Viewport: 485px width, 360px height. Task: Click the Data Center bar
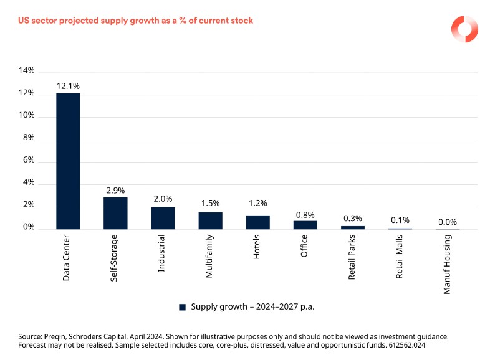(x=68, y=161)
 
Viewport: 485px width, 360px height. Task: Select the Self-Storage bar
(x=115, y=214)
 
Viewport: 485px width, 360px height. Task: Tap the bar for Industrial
(x=163, y=219)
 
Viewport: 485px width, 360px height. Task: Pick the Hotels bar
(x=257, y=222)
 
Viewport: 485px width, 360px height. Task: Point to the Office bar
(x=305, y=225)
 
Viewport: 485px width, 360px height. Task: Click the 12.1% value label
(x=68, y=86)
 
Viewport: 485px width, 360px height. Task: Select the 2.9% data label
(x=115, y=189)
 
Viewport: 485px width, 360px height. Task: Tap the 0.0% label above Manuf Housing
(x=447, y=222)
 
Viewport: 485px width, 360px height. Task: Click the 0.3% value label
(x=352, y=219)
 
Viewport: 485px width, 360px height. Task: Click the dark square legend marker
(x=183, y=307)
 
